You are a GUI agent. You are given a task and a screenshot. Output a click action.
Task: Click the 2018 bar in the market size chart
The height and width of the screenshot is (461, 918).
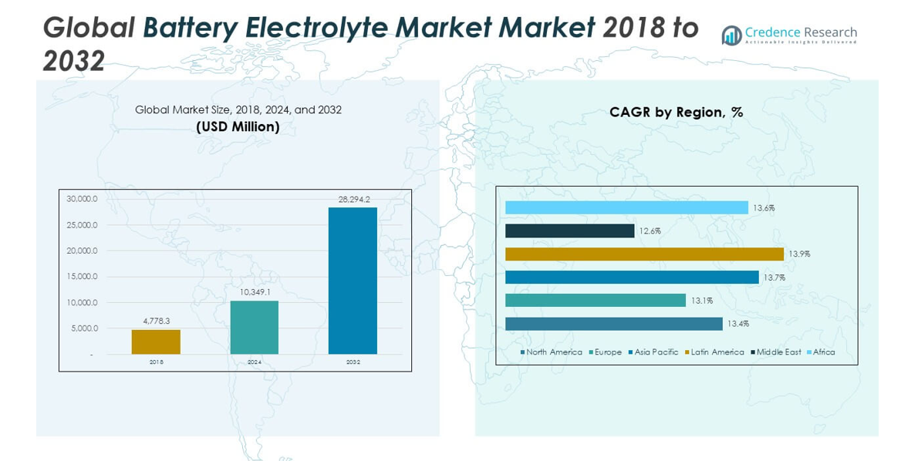(156, 342)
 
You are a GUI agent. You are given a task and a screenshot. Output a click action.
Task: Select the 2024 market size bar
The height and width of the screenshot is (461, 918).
(254, 327)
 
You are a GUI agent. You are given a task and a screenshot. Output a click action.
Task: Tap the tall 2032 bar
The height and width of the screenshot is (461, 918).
(353, 281)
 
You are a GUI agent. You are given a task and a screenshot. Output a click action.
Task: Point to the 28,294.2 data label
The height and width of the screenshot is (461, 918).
(353, 199)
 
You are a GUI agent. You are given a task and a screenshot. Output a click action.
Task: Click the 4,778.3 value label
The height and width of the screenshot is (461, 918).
(156, 321)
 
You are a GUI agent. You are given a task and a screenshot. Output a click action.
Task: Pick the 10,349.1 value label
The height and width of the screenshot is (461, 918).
(255, 292)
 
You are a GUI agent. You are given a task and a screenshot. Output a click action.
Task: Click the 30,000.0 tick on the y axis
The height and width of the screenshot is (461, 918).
(82, 199)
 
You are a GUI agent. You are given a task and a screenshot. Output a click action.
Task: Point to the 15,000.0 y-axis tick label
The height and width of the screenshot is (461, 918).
(82, 276)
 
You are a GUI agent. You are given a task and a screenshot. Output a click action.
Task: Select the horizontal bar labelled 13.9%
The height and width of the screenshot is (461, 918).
(644, 254)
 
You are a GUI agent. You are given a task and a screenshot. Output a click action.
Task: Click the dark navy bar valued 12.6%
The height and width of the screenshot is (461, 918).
(569, 230)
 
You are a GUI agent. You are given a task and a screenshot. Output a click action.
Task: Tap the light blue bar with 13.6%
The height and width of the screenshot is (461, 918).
(626, 207)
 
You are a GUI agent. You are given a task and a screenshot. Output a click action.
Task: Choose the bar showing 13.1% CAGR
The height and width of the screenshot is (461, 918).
(595, 300)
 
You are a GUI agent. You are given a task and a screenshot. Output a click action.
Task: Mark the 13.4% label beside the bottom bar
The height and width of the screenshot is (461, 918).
(737, 323)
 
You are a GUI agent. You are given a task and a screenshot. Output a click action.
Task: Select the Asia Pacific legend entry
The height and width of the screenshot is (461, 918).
(656, 352)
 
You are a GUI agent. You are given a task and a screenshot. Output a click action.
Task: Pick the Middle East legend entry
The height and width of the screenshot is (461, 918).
(778, 352)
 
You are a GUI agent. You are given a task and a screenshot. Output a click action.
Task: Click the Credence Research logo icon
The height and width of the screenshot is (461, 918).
(731, 35)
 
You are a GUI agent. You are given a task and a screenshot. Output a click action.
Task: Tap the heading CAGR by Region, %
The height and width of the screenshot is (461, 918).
(676, 113)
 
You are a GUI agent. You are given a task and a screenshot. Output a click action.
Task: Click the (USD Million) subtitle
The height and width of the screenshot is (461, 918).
(238, 126)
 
